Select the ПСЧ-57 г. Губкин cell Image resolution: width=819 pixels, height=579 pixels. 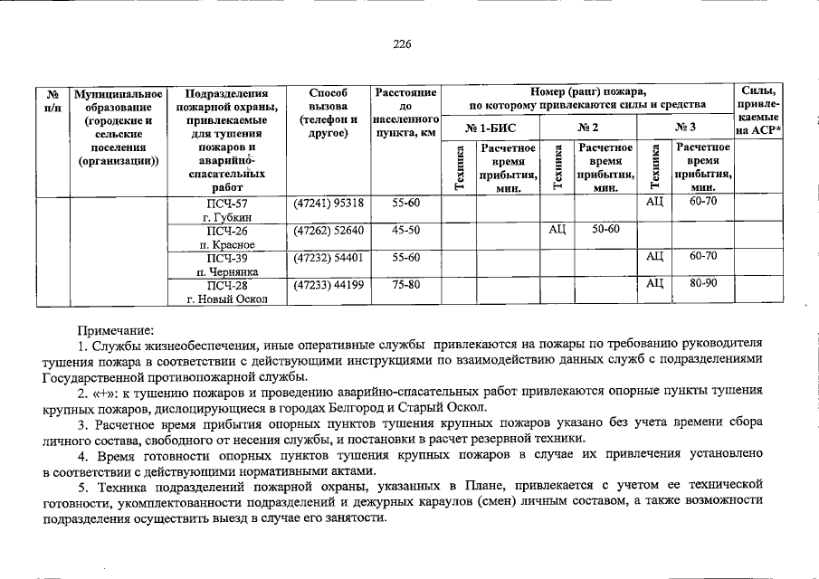[227, 210]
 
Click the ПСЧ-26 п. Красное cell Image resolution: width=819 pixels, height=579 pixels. [227, 237]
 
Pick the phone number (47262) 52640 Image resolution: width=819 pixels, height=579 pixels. [328, 231]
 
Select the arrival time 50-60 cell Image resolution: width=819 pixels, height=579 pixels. [605, 231]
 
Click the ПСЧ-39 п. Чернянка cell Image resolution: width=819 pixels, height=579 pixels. [227, 263]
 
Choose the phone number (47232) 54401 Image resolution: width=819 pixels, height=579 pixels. [328, 257]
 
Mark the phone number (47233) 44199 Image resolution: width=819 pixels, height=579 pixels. [328, 285]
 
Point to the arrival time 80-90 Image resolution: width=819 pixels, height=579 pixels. [702, 284]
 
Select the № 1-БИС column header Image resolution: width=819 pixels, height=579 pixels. [490, 128]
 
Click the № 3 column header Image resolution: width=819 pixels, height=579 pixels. [685, 128]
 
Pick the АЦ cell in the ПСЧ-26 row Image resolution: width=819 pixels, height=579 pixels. [557, 231]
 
